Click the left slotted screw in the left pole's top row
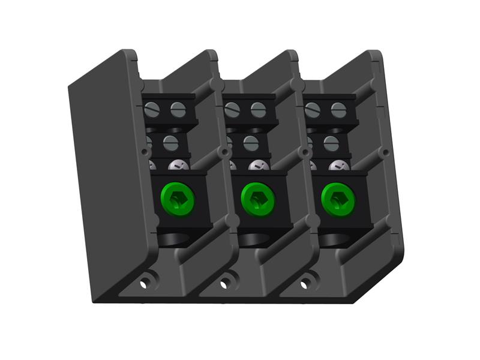pos(152,110)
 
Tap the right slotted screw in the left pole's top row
pos(178,110)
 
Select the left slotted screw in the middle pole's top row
pos(233,110)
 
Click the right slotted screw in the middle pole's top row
pos(258,110)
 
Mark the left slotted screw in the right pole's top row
pos(313,110)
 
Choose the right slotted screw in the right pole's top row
pos(338,110)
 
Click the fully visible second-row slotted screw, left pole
pos(171,143)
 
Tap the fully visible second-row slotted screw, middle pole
pos(251,143)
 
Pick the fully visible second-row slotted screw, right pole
pos(331,143)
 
